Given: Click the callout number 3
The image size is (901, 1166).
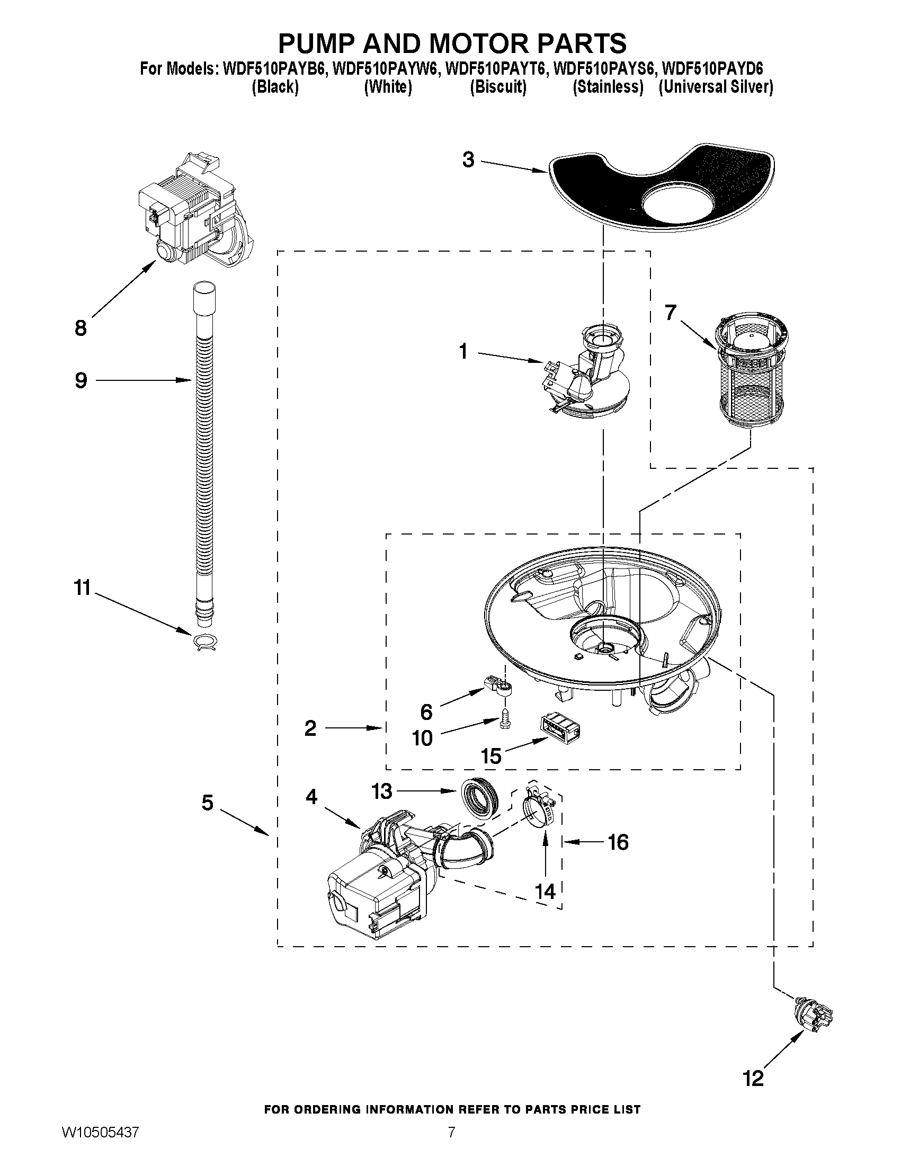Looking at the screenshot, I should (468, 159).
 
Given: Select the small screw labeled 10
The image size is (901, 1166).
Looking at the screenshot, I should (504, 719).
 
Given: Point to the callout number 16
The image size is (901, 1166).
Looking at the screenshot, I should (618, 842).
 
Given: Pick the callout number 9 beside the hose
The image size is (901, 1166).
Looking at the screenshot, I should (81, 381).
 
